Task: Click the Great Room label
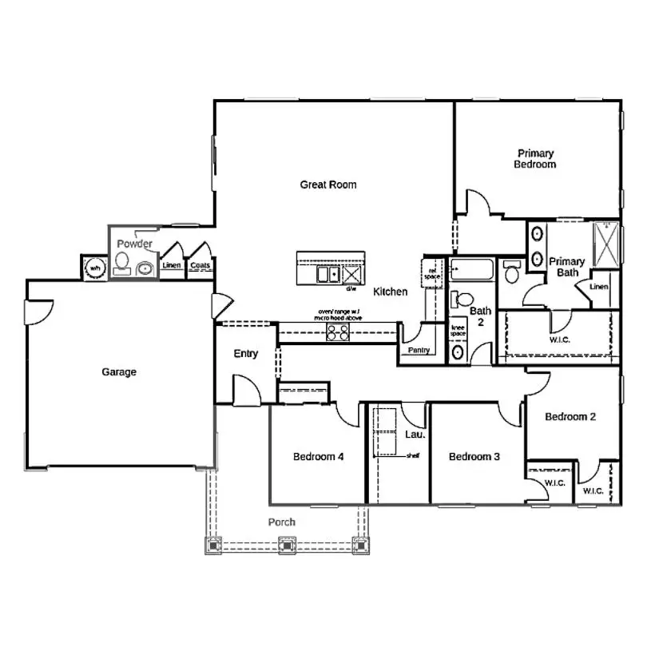(x=328, y=185)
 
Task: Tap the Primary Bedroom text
(x=535, y=159)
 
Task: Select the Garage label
(x=119, y=371)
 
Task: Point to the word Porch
(x=281, y=522)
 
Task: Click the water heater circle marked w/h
(x=95, y=268)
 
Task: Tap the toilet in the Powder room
(x=122, y=263)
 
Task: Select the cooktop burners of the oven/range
(x=338, y=333)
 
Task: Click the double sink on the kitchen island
(x=327, y=275)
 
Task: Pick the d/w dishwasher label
(x=351, y=288)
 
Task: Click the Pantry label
(x=419, y=350)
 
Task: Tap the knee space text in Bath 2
(x=458, y=331)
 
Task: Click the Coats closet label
(x=200, y=266)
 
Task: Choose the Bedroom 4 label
(x=318, y=457)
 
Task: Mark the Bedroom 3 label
(x=474, y=457)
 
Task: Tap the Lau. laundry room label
(x=415, y=435)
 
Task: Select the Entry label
(x=245, y=354)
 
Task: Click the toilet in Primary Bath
(x=511, y=274)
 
